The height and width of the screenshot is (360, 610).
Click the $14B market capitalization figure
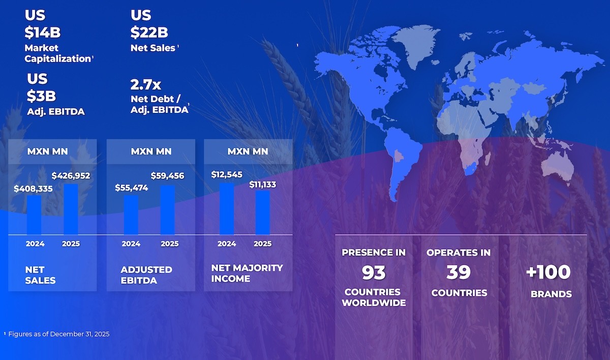point(43,33)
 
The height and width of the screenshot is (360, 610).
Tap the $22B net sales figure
point(149,33)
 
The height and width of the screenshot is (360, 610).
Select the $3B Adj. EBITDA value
point(41,96)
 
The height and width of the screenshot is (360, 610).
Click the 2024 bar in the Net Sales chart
point(34,215)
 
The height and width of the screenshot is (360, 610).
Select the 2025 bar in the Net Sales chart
point(71,209)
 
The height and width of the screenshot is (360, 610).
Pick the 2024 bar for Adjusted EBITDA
point(131,215)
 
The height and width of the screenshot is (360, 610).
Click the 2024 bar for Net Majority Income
point(227,208)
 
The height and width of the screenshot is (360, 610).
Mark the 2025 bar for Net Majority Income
point(262,213)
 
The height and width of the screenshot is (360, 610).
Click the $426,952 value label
point(71,176)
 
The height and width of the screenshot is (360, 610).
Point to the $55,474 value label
point(132,188)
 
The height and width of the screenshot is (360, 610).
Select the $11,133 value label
point(262,185)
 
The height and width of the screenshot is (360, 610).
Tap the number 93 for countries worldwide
point(374,273)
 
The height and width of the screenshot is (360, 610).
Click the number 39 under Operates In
point(459,273)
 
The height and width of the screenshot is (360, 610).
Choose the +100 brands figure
point(548,272)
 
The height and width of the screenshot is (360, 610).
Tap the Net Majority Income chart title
point(247,273)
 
